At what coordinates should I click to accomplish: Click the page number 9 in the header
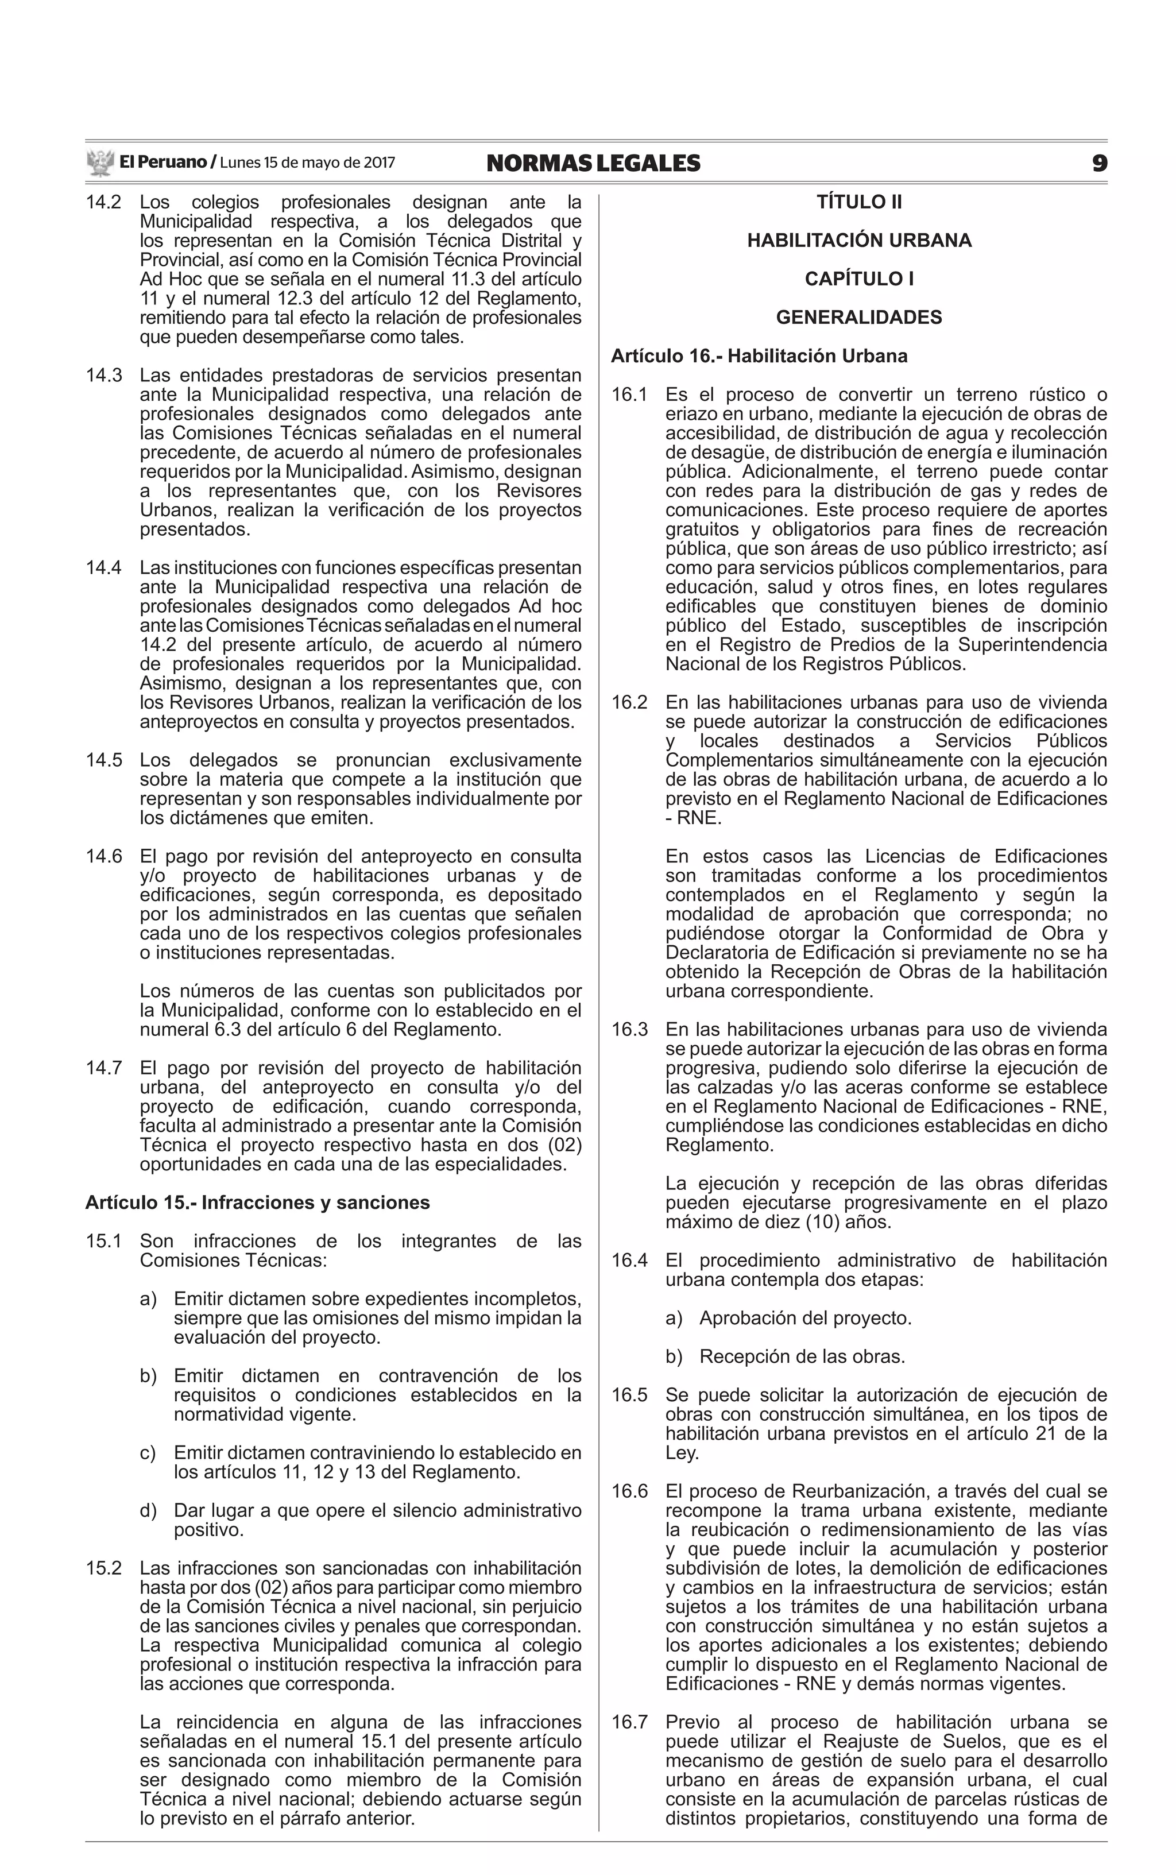coord(1098,163)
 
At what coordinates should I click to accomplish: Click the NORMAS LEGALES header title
coord(593,163)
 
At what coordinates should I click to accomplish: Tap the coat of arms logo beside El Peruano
coord(99,163)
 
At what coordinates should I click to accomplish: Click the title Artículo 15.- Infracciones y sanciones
coord(257,1203)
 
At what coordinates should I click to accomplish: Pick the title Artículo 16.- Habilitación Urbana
coord(759,356)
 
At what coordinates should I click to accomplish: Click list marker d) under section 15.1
coord(148,1510)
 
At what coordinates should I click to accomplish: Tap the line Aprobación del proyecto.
coord(804,1318)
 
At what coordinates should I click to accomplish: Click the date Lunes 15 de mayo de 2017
coord(307,163)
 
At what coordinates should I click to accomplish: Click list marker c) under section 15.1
coord(148,1453)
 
